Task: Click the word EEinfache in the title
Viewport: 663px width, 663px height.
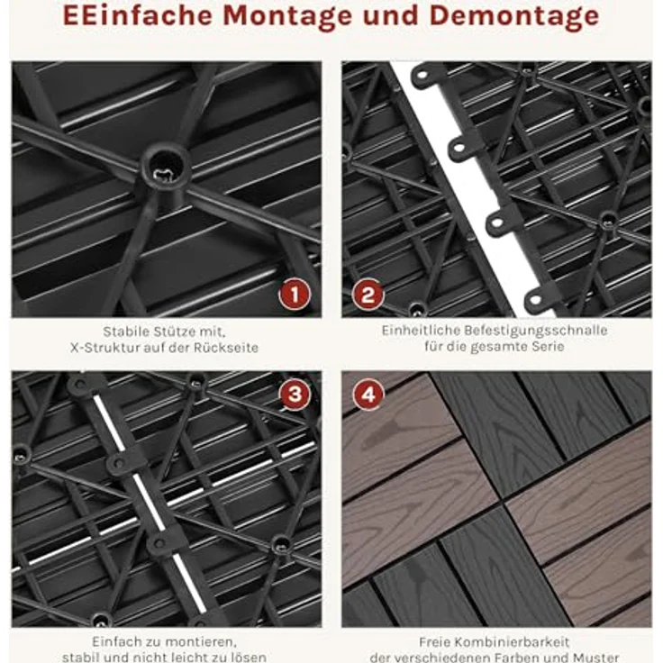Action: pos(138,15)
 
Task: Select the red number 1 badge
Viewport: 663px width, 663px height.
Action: pos(295,294)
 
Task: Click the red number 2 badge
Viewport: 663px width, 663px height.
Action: pos(368,294)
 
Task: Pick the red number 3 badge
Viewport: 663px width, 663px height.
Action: pos(295,394)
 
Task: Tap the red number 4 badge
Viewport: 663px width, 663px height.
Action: pos(368,394)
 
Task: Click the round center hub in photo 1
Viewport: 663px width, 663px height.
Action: pos(165,168)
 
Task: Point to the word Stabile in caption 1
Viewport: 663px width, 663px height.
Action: pos(125,331)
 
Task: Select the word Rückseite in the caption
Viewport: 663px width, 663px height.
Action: pos(226,348)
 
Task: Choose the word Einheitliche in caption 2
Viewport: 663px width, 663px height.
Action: pos(423,331)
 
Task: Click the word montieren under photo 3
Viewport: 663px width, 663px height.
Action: pos(199,642)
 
